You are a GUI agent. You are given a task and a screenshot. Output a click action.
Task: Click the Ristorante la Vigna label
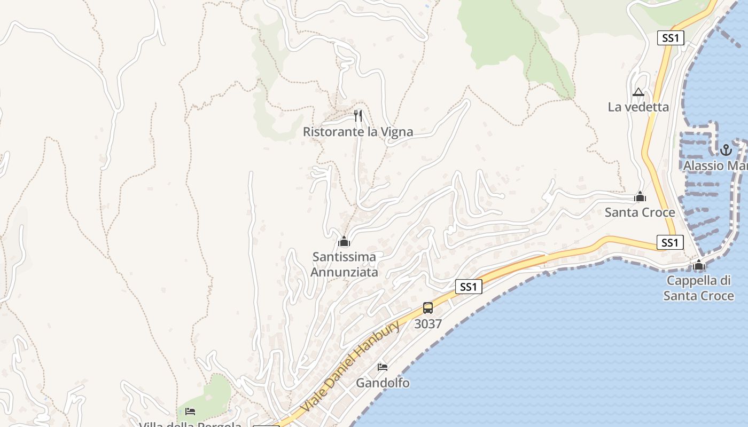click(358, 132)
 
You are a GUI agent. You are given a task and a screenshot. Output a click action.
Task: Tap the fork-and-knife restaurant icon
click(358, 115)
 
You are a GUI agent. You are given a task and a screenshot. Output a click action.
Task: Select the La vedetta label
click(638, 107)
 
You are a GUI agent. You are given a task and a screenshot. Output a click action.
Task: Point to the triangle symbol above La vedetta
click(638, 92)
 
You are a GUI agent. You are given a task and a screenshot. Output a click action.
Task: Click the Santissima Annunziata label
click(344, 264)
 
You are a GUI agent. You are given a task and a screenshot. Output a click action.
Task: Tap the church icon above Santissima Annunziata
click(344, 242)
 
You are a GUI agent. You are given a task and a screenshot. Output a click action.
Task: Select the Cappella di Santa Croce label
click(698, 288)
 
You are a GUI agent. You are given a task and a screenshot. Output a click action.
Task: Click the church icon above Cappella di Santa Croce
click(699, 265)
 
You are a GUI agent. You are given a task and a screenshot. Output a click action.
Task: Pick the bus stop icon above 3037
click(428, 308)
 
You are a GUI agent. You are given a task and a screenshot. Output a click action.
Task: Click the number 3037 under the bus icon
click(428, 323)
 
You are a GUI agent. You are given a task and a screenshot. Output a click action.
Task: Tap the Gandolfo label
click(383, 383)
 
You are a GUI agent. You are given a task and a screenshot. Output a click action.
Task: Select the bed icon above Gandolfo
click(383, 367)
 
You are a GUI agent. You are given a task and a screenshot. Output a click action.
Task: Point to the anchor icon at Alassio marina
click(726, 150)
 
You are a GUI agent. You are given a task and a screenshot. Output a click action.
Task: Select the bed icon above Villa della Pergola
click(190, 412)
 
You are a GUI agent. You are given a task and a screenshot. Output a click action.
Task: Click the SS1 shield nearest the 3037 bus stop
click(469, 287)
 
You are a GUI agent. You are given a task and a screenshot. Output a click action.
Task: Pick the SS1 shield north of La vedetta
click(670, 38)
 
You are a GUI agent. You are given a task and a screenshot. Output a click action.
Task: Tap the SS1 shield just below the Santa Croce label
click(669, 243)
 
